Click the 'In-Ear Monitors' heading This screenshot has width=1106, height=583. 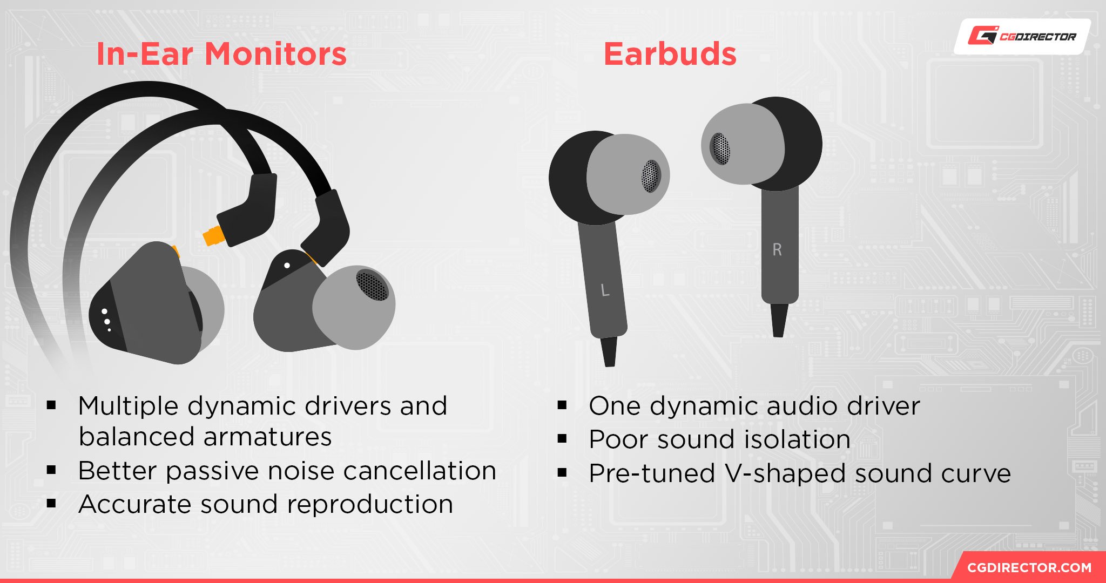coord(221,54)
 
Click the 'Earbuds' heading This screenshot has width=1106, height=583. coord(670,54)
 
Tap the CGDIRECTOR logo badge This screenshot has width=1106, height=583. coord(1022,36)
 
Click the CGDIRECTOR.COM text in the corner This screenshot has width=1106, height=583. coord(1029,567)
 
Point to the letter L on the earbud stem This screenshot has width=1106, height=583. coord(605,290)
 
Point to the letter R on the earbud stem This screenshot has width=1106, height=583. coord(777,249)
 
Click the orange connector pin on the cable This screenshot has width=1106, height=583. coord(213,235)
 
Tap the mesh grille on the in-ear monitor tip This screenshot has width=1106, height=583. coord(372,285)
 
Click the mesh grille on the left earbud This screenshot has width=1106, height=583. coord(651,176)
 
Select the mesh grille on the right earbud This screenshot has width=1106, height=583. coord(720,148)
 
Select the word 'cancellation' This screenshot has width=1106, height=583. coord(420,470)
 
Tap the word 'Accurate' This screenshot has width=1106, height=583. coord(135,504)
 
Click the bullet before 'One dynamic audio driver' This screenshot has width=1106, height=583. coord(562,405)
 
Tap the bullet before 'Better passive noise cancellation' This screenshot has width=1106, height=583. coord(51,470)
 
